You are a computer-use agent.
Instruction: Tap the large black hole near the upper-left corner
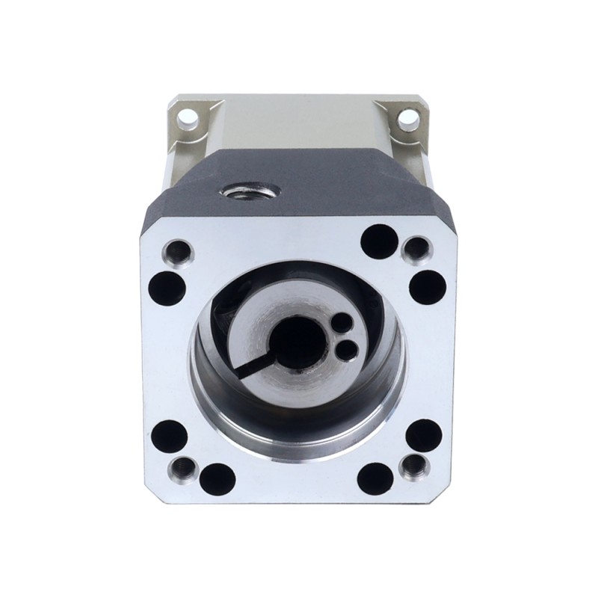point(169,285)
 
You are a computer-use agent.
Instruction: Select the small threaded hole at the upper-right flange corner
point(416,248)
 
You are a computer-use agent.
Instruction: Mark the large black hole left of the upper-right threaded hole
point(379,240)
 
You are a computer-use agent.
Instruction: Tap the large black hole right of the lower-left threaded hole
point(218,478)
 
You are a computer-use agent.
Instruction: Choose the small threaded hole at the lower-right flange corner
point(413,469)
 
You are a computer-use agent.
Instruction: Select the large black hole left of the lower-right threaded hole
point(375,477)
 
